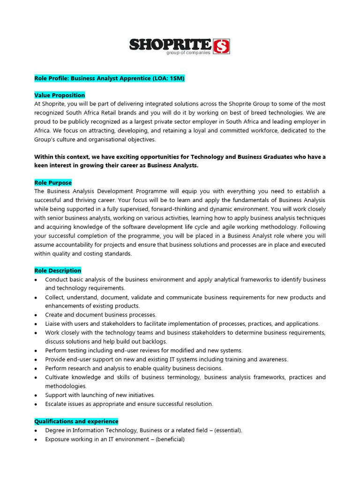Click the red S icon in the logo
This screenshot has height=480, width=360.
(x=221, y=46)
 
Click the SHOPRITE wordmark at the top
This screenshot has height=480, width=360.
(x=170, y=45)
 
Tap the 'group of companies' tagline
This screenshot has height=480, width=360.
(x=188, y=53)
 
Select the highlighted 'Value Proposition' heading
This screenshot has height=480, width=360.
(x=60, y=95)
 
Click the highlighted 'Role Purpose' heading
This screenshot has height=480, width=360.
(x=53, y=183)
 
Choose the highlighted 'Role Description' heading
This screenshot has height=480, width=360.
(x=58, y=270)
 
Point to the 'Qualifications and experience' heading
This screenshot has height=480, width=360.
(x=76, y=421)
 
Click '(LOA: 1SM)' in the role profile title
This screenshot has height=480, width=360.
(x=168, y=78)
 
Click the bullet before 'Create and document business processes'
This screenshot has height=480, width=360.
(x=37, y=315)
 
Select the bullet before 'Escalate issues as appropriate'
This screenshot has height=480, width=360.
(x=37, y=404)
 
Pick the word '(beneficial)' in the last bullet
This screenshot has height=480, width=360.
(x=170, y=439)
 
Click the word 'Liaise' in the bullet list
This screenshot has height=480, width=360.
(x=53, y=324)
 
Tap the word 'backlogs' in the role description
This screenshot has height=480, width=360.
(x=155, y=342)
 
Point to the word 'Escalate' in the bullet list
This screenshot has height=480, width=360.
(x=57, y=404)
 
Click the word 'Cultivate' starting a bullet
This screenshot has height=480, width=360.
(x=57, y=377)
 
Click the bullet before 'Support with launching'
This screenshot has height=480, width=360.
(x=37, y=395)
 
